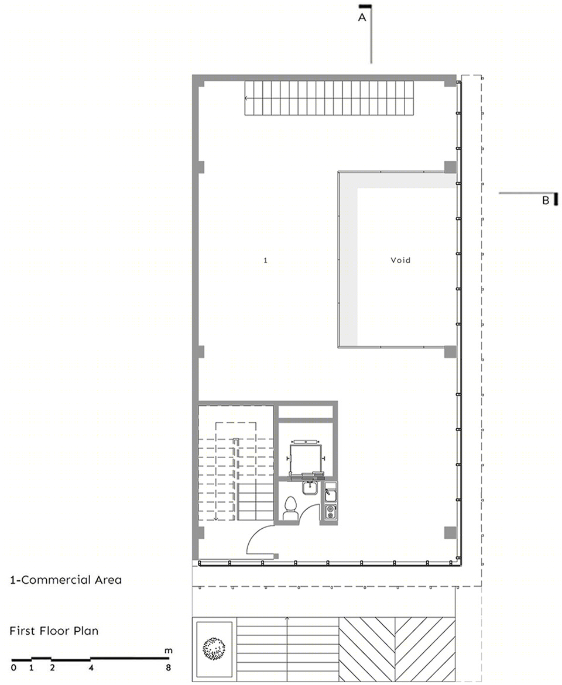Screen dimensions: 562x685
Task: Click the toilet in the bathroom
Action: point(290,509)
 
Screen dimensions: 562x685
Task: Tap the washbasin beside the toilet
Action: point(310,487)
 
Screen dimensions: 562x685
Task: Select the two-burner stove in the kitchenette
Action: point(330,512)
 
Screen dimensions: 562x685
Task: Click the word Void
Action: point(400,260)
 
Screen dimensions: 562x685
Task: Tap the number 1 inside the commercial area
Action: point(265,260)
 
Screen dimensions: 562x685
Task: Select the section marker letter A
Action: point(362,18)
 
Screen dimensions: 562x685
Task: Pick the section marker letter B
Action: point(546,201)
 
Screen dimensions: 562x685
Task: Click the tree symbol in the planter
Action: point(214,648)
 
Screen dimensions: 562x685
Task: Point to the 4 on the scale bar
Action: point(91,667)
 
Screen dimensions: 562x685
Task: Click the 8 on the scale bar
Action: point(169,667)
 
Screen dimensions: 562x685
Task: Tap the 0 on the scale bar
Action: point(13,667)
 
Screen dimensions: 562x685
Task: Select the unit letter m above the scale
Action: point(169,651)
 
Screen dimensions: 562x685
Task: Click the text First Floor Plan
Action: point(54,631)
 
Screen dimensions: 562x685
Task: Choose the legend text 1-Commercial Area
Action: point(66,580)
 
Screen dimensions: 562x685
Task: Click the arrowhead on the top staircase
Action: point(246,98)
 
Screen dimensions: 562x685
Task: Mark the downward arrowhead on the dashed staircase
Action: point(216,518)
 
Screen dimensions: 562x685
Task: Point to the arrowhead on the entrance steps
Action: point(287,618)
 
